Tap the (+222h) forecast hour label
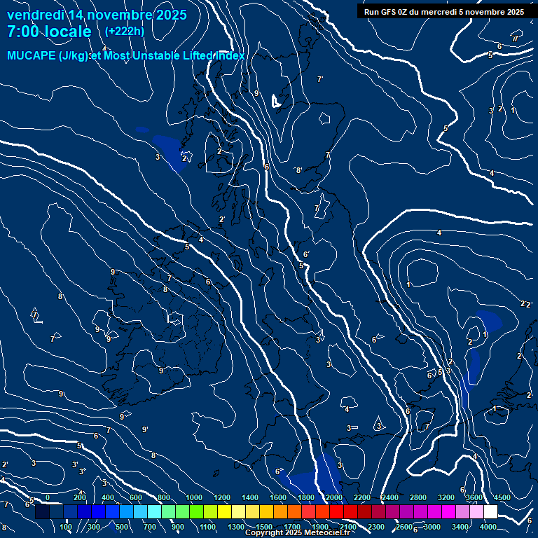(x=125, y=31)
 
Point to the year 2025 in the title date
(x=167, y=15)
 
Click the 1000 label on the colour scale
(x=194, y=497)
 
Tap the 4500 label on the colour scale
(x=502, y=497)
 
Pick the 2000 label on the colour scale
(x=334, y=497)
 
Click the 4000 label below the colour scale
(x=489, y=527)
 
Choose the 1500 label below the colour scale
(x=264, y=527)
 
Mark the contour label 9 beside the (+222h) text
(x=256, y=93)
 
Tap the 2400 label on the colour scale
(x=390, y=497)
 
